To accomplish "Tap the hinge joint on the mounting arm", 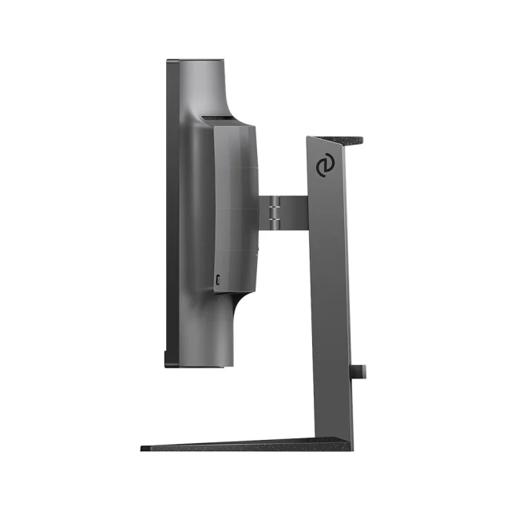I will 274,210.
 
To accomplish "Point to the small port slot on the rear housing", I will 218,279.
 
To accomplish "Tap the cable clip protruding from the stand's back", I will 358,371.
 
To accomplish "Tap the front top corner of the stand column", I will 309,139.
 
